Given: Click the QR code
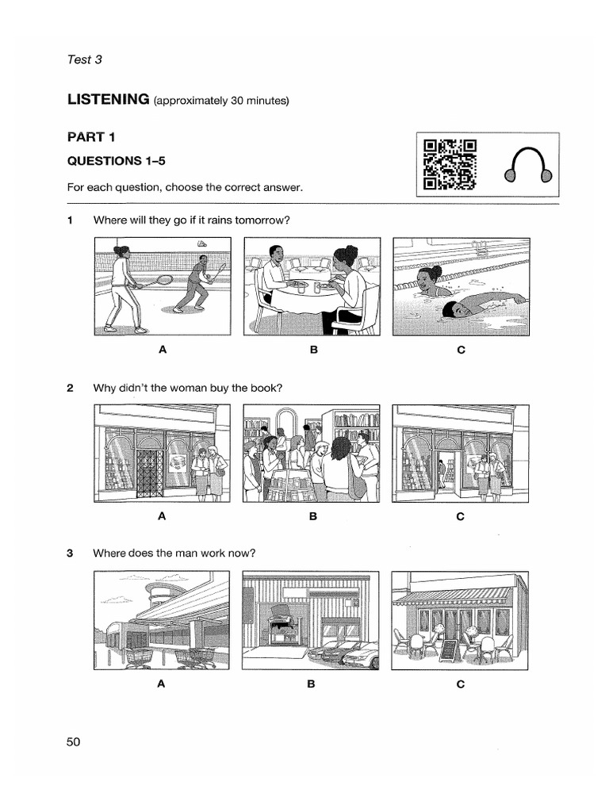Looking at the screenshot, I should click(450, 165).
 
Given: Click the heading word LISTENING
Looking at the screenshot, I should click(109, 99).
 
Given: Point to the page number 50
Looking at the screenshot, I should click(74, 741).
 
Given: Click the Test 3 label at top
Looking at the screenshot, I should click(85, 59).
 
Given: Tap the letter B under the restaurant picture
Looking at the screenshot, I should click(313, 349).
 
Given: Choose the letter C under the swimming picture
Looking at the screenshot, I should click(461, 349).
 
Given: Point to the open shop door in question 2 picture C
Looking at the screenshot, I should click(446, 473).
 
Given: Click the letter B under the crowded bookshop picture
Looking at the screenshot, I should click(313, 516).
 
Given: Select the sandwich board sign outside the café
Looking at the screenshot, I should click(449, 649).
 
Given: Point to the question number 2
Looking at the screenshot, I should click(71, 388).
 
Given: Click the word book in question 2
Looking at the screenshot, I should click(266, 388).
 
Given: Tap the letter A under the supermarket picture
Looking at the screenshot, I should click(161, 684).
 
